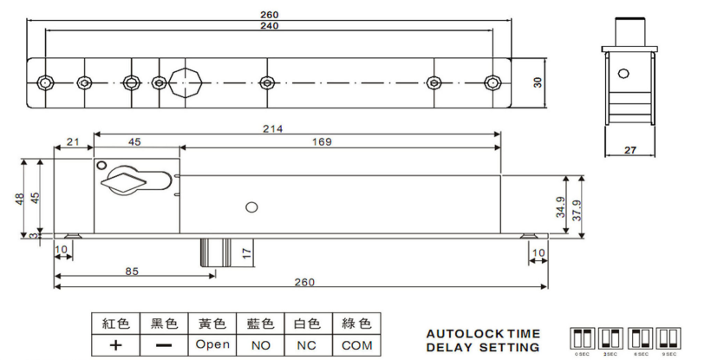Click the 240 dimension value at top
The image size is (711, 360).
coord(269,26)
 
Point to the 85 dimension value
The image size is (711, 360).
coord(131,271)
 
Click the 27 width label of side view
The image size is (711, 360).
coord(630,150)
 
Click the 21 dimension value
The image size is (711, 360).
coord(73,142)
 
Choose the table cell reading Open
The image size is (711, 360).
coord(212,344)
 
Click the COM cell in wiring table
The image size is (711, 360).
coord(356,344)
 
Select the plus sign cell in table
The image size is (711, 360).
coord(115,344)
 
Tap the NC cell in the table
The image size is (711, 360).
coord(308,344)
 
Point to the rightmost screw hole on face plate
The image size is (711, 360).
coord(492,82)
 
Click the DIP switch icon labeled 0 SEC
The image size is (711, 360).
coord(580,337)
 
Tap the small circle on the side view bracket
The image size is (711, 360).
coord(620,74)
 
